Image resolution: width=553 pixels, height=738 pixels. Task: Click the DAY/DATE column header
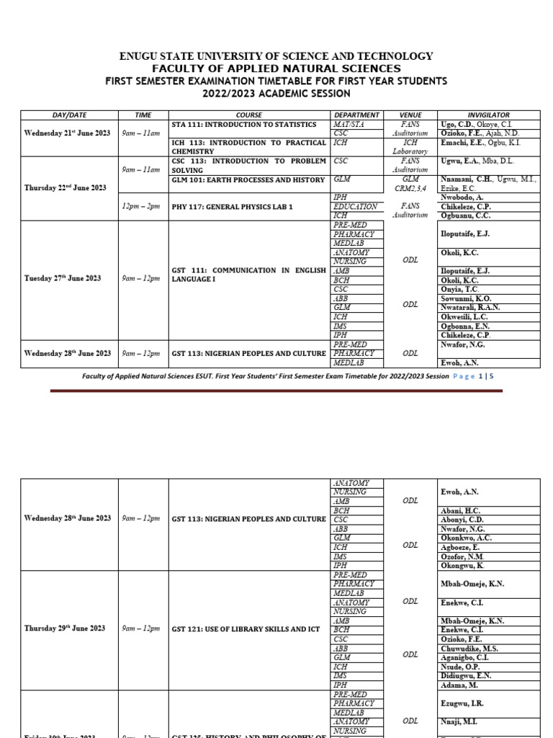pos(69,115)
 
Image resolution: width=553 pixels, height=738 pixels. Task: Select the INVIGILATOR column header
pos(488,115)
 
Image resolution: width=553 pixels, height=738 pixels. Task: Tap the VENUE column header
pos(410,115)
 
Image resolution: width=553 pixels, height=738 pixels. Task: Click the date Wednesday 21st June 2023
pos(69,133)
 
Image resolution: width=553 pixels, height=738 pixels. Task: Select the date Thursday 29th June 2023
pos(65,628)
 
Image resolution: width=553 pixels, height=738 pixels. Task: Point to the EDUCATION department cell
pos(355,207)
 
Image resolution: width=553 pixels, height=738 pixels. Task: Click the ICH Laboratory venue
pos(410,147)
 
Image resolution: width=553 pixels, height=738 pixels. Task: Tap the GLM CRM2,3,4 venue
pos(410,183)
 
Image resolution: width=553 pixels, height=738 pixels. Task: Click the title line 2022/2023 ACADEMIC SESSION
pos(276,94)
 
